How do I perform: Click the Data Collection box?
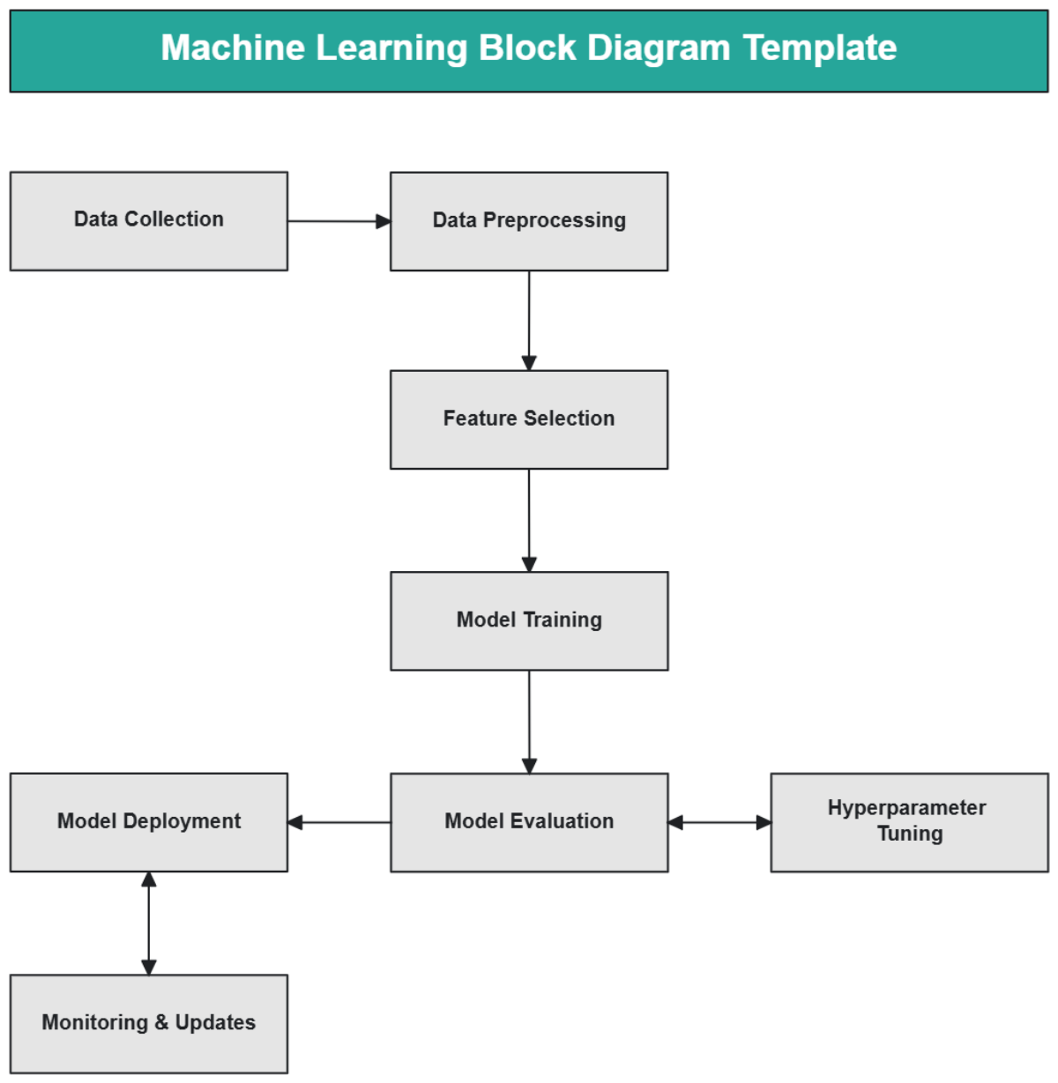[148, 220]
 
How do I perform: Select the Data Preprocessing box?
[529, 220]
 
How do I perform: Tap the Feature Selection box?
[529, 419]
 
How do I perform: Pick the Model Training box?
[529, 620]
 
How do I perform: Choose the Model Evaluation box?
[529, 822]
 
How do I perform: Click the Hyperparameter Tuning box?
[909, 822]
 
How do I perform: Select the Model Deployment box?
[148, 822]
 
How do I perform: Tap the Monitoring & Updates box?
[148, 1023]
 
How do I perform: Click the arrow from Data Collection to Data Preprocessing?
[339, 221]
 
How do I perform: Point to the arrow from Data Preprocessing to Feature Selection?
[529, 320]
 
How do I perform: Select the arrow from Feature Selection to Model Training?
[529, 520]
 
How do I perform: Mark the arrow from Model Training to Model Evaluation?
[529, 721]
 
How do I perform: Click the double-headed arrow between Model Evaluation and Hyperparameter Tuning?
[719, 822]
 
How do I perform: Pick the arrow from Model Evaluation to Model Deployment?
[339, 822]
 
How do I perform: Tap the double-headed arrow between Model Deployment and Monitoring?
[148, 923]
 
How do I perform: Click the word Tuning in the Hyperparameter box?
[910, 834]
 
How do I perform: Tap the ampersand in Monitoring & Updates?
[161, 1023]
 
